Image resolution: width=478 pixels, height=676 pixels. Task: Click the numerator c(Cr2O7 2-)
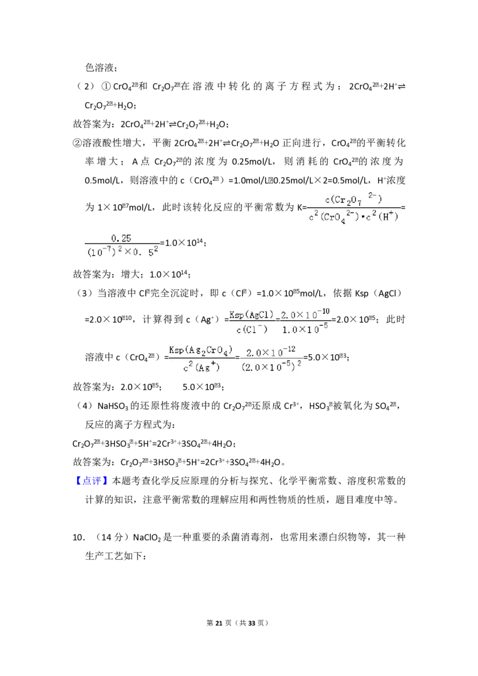pyautogui.click(x=353, y=198)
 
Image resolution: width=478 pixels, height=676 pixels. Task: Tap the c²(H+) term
pyautogui.click(x=382, y=217)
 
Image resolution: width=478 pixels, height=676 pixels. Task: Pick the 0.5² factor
pyautogui.click(x=144, y=254)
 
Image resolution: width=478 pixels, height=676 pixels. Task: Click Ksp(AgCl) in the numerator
pyautogui.click(x=251, y=314)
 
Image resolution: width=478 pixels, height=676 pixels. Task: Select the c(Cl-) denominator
pyautogui.click(x=251, y=330)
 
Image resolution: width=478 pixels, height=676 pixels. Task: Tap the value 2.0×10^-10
pyautogui.click(x=305, y=313)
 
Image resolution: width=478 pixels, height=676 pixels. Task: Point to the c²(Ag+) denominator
pyautogui.click(x=201, y=367)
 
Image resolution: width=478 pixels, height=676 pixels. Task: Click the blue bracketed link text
pyautogui.click(x=93, y=480)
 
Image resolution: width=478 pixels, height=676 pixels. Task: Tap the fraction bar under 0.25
pyautogui.click(x=122, y=245)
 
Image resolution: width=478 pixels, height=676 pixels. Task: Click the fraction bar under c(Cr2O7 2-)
pyautogui.click(x=353, y=207)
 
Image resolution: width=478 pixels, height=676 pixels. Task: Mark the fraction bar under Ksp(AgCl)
pyautogui.click(x=251, y=322)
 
